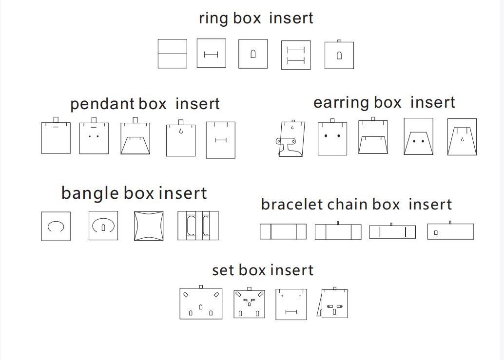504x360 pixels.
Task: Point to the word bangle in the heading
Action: pos(90,194)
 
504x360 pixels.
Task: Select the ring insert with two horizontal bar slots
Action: pos(296,55)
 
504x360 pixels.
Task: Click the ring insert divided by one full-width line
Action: pos(172,54)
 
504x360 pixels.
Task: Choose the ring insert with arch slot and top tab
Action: pos(339,55)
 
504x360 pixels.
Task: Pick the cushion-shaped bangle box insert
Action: pos(149,226)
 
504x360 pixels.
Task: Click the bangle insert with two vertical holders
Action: pos(198,226)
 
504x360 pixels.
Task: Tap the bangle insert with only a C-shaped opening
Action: pos(56,226)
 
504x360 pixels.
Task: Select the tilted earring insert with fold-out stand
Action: pos(291,139)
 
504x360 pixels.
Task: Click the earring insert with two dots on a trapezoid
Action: pos(419,136)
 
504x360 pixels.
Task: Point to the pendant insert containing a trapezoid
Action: pos(136,136)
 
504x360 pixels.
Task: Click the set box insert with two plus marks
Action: pos(291,304)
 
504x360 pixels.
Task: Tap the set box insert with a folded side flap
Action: pos(332,303)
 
